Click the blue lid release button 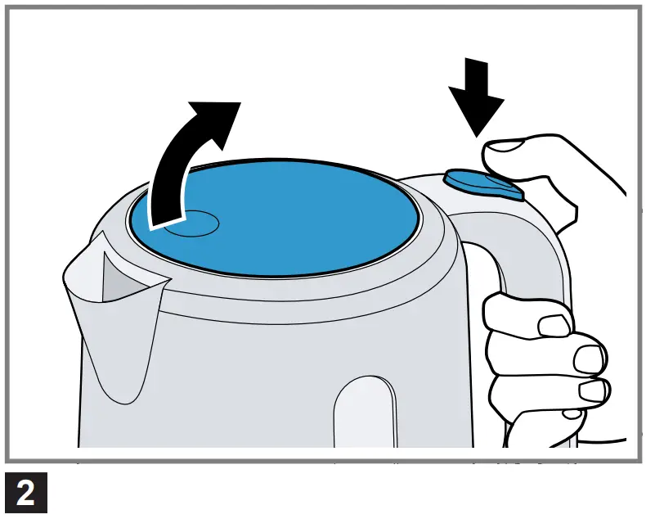pos(483,183)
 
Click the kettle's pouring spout pos(110,311)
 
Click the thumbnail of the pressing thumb pos(505,147)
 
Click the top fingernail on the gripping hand pos(556,325)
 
